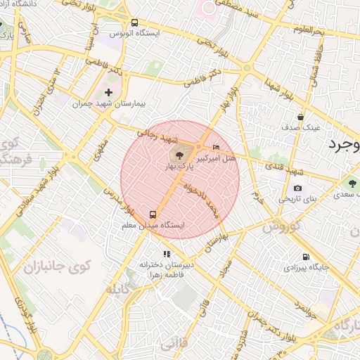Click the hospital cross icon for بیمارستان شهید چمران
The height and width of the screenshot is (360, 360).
[x=108, y=92]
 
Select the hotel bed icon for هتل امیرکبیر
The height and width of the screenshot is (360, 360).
[x=215, y=147]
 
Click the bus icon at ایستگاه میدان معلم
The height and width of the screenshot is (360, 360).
[x=152, y=214]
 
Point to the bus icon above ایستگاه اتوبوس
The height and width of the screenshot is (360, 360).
[x=135, y=22]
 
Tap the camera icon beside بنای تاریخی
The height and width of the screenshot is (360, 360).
[x=298, y=188]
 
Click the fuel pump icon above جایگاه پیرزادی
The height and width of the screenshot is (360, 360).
[x=305, y=257]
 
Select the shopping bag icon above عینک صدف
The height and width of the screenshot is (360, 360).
[x=300, y=117]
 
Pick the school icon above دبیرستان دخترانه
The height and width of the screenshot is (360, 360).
[x=166, y=254]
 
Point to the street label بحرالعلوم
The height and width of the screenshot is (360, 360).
[x=307, y=30]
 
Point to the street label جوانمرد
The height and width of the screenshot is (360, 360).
[x=302, y=304]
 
